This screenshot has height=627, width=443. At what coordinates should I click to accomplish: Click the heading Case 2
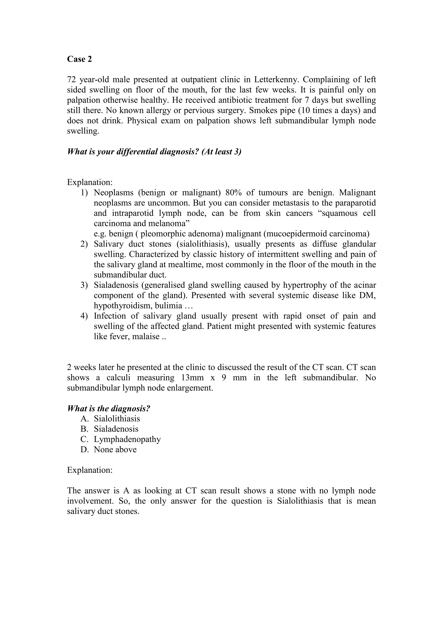click(79, 59)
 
